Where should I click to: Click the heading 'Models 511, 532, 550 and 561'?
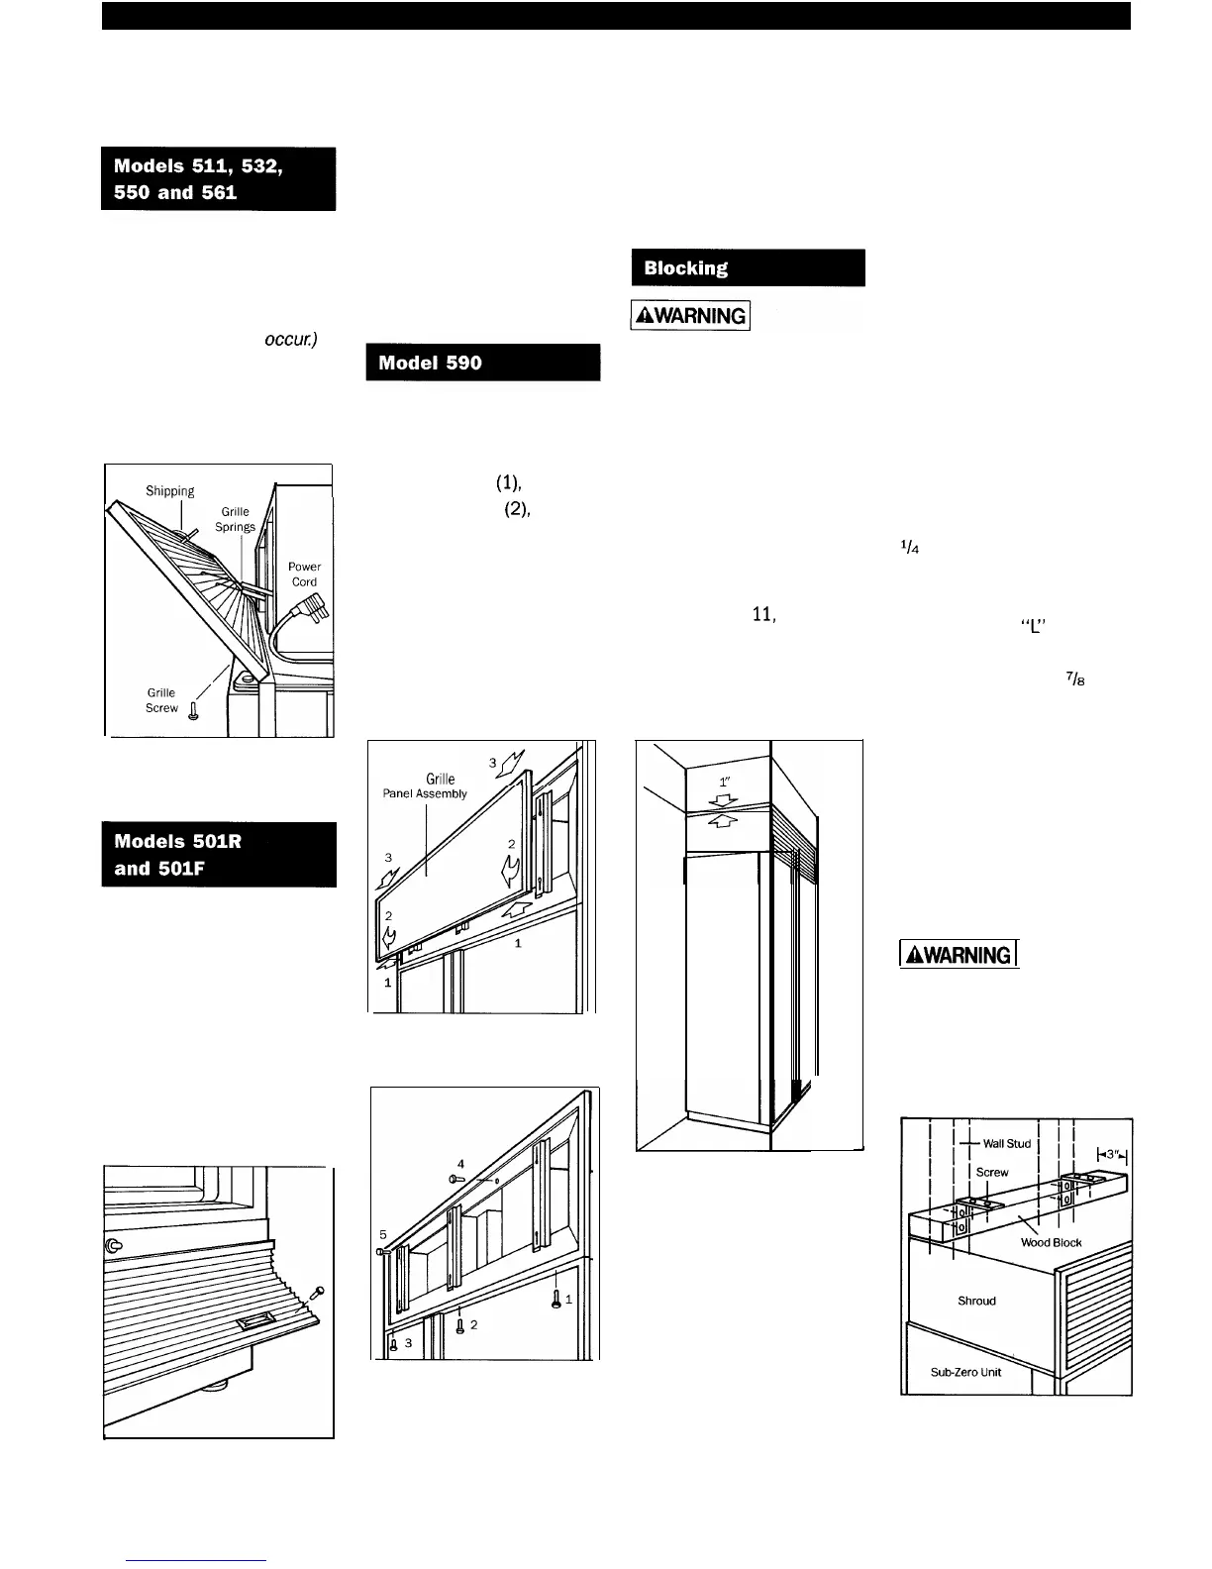pyautogui.click(x=218, y=178)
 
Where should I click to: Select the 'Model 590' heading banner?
pyautogui.click(x=482, y=363)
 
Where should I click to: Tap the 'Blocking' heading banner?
pyautogui.click(x=748, y=267)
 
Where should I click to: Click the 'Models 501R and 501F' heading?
pyautogui.click(x=218, y=855)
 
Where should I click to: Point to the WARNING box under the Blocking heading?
pyautogui.click(x=691, y=316)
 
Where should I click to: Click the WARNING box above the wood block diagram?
pyautogui.click(x=957, y=955)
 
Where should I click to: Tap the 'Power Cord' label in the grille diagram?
pyautogui.click(x=304, y=575)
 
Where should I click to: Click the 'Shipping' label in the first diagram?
pyautogui.click(x=170, y=490)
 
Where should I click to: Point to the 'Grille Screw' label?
pyautogui.click(x=161, y=700)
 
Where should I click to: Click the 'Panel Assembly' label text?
pyautogui.click(x=426, y=793)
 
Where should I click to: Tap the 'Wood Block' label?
pyautogui.click(x=1051, y=1242)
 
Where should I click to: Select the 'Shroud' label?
pyautogui.click(x=976, y=1301)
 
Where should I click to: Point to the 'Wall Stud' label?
pyautogui.click(x=1006, y=1143)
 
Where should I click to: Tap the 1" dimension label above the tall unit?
pyautogui.click(x=725, y=780)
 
